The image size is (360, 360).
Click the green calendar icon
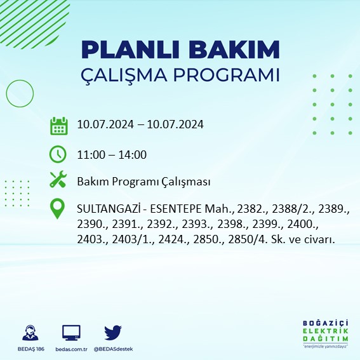[x=58, y=126]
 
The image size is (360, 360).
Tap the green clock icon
[x=58, y=154]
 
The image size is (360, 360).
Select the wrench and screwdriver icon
[x=58, y=180]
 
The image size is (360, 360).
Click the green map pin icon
[x=58, y=209]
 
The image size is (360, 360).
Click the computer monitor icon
[x=71, y=333]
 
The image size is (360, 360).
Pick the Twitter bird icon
[x=113, y=333]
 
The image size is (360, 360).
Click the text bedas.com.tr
[x=71, y=349]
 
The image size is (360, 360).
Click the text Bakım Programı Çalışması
[x=143, y=182]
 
